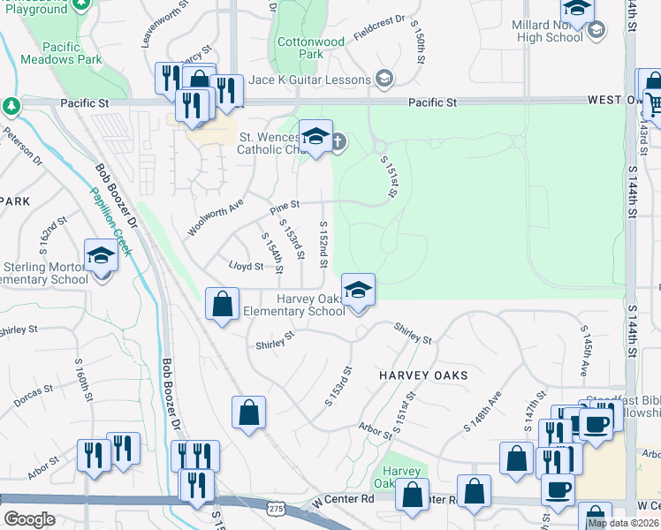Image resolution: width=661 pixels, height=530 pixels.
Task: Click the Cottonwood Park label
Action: tap(310, 48)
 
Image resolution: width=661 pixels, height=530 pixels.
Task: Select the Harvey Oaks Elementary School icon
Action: tap(358, 291)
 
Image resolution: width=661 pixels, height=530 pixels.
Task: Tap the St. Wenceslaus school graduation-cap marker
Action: tap(315, 137)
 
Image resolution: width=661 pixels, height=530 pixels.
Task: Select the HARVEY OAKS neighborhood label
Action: tap(423, 375)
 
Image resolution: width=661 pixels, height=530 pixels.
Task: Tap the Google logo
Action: tap(29, 519)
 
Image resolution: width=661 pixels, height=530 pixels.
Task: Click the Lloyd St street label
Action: tap(247, 266)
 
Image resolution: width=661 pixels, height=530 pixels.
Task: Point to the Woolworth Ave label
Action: tap(215, 217)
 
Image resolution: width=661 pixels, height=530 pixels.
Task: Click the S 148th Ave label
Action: tap(482, 411)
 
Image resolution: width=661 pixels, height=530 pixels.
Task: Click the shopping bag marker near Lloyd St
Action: tap(223, 305)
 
